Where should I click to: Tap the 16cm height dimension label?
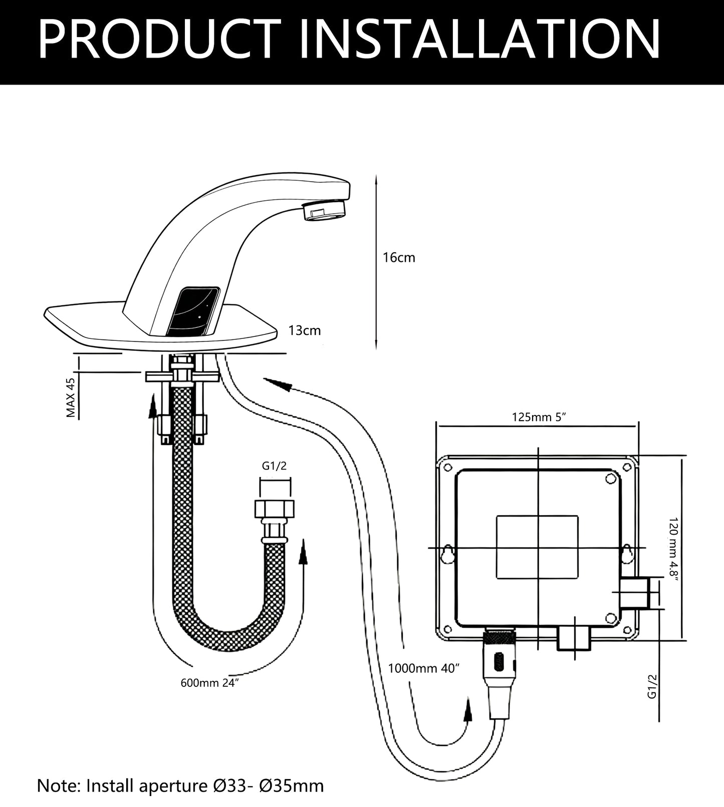point(399,257)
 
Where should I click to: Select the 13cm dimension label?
point(305,330)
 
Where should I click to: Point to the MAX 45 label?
point(71,398)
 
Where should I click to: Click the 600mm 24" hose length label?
point(209,683)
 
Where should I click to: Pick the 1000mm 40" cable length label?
point(424,668)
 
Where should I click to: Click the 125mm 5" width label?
point(539,417)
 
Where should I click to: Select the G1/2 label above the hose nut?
point(275,466)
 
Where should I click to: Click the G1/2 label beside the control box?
point(652,686)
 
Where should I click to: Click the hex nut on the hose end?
point(275,509)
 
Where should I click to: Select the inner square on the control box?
point(537,548)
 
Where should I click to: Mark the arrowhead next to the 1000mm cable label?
point(467,711)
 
